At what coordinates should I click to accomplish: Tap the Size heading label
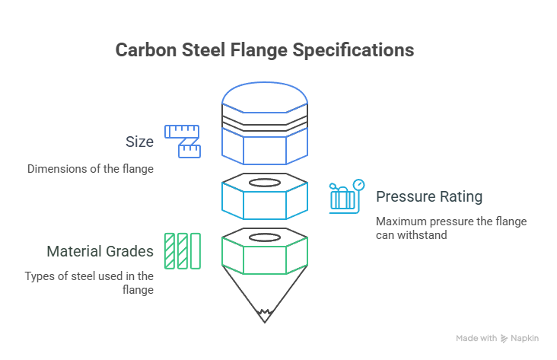click(x=139, y=142)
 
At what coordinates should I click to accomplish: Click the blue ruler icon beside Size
click(x=183, y=141)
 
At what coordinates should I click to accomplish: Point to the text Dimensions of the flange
click(x=91, y=168)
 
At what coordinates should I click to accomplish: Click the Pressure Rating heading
click(x=430, y=196)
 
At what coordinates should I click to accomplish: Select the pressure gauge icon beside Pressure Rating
click(x=347, y=196)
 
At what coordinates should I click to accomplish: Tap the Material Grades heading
click(x=100, y=250)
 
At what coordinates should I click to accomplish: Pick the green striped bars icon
click(x=183, y=250)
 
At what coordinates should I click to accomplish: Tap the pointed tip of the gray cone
click(x=265, y=319)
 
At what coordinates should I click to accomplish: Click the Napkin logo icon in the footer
click(x=504, y=338)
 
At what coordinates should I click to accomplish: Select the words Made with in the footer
click(x=476, y=338)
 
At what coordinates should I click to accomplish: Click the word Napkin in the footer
click(x=525, y=338)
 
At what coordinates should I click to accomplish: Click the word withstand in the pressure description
click(x=427, y=234)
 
